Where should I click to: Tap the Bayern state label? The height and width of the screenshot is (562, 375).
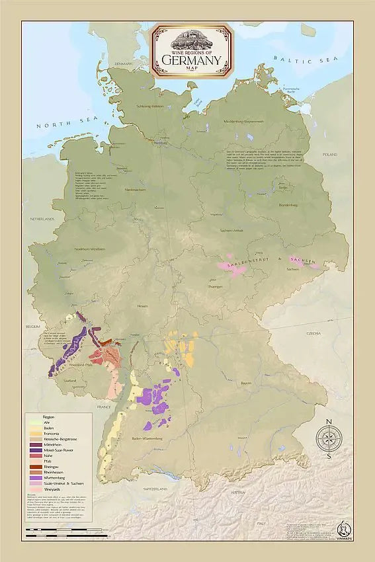[x=245, y=382]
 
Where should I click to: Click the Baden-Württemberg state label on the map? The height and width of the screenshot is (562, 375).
[x=147, y=438]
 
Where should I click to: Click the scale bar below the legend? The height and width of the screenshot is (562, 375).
[x=60, y=530]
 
